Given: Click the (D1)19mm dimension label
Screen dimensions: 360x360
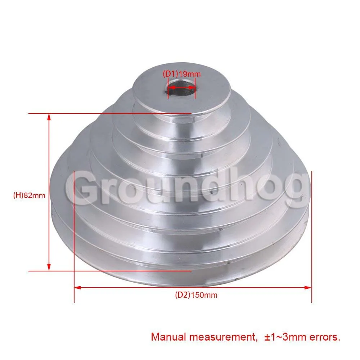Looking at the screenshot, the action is click(181, 74).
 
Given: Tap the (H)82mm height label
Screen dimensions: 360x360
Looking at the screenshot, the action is click(29, 195).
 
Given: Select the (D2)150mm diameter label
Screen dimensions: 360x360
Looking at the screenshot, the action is click(196, 295).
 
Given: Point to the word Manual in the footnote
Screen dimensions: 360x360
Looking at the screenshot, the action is click(168, 337).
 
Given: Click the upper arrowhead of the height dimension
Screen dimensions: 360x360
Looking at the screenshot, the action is click(49, 117).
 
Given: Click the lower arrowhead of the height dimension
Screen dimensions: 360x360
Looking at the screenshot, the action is click(49, 267).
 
